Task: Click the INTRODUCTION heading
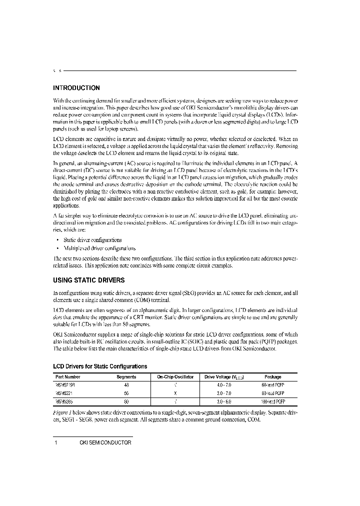pos(76,87)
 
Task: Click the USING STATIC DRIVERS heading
pos(88,280)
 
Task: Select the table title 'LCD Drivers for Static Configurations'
pos(100,366)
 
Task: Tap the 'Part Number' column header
pos(68,377)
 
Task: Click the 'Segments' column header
pos(126,377)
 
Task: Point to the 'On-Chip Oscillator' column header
pos(175,377)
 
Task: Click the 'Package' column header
pos(273,377)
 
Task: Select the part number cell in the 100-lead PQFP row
pos(64,401)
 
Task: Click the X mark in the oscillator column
pos(175,393)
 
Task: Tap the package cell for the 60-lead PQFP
pos(273,385)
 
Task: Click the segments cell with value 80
pos(126,401)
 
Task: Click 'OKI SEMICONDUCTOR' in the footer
pos(105,442)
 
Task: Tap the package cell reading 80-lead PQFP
pos(273,393)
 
